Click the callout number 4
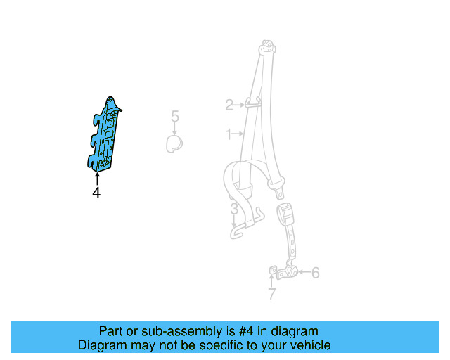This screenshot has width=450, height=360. tap(96, 193)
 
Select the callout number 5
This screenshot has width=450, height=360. tap(175, 116)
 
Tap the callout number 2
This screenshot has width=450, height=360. tap(229, 105)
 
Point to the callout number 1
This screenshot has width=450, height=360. tap(229, 133)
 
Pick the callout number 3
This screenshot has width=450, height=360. tap(233, 209)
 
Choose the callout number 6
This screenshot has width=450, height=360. tap(316, 272)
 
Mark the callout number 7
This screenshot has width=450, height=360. tap(271, 294)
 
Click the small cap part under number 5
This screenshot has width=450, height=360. tap(174, 143)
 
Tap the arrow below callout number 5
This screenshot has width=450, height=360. tap(175, 129)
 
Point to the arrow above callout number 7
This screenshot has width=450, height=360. tap(271, 281)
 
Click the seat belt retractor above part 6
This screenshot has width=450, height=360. tap(285, 212)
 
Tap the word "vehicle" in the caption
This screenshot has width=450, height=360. tap(308, 345)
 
